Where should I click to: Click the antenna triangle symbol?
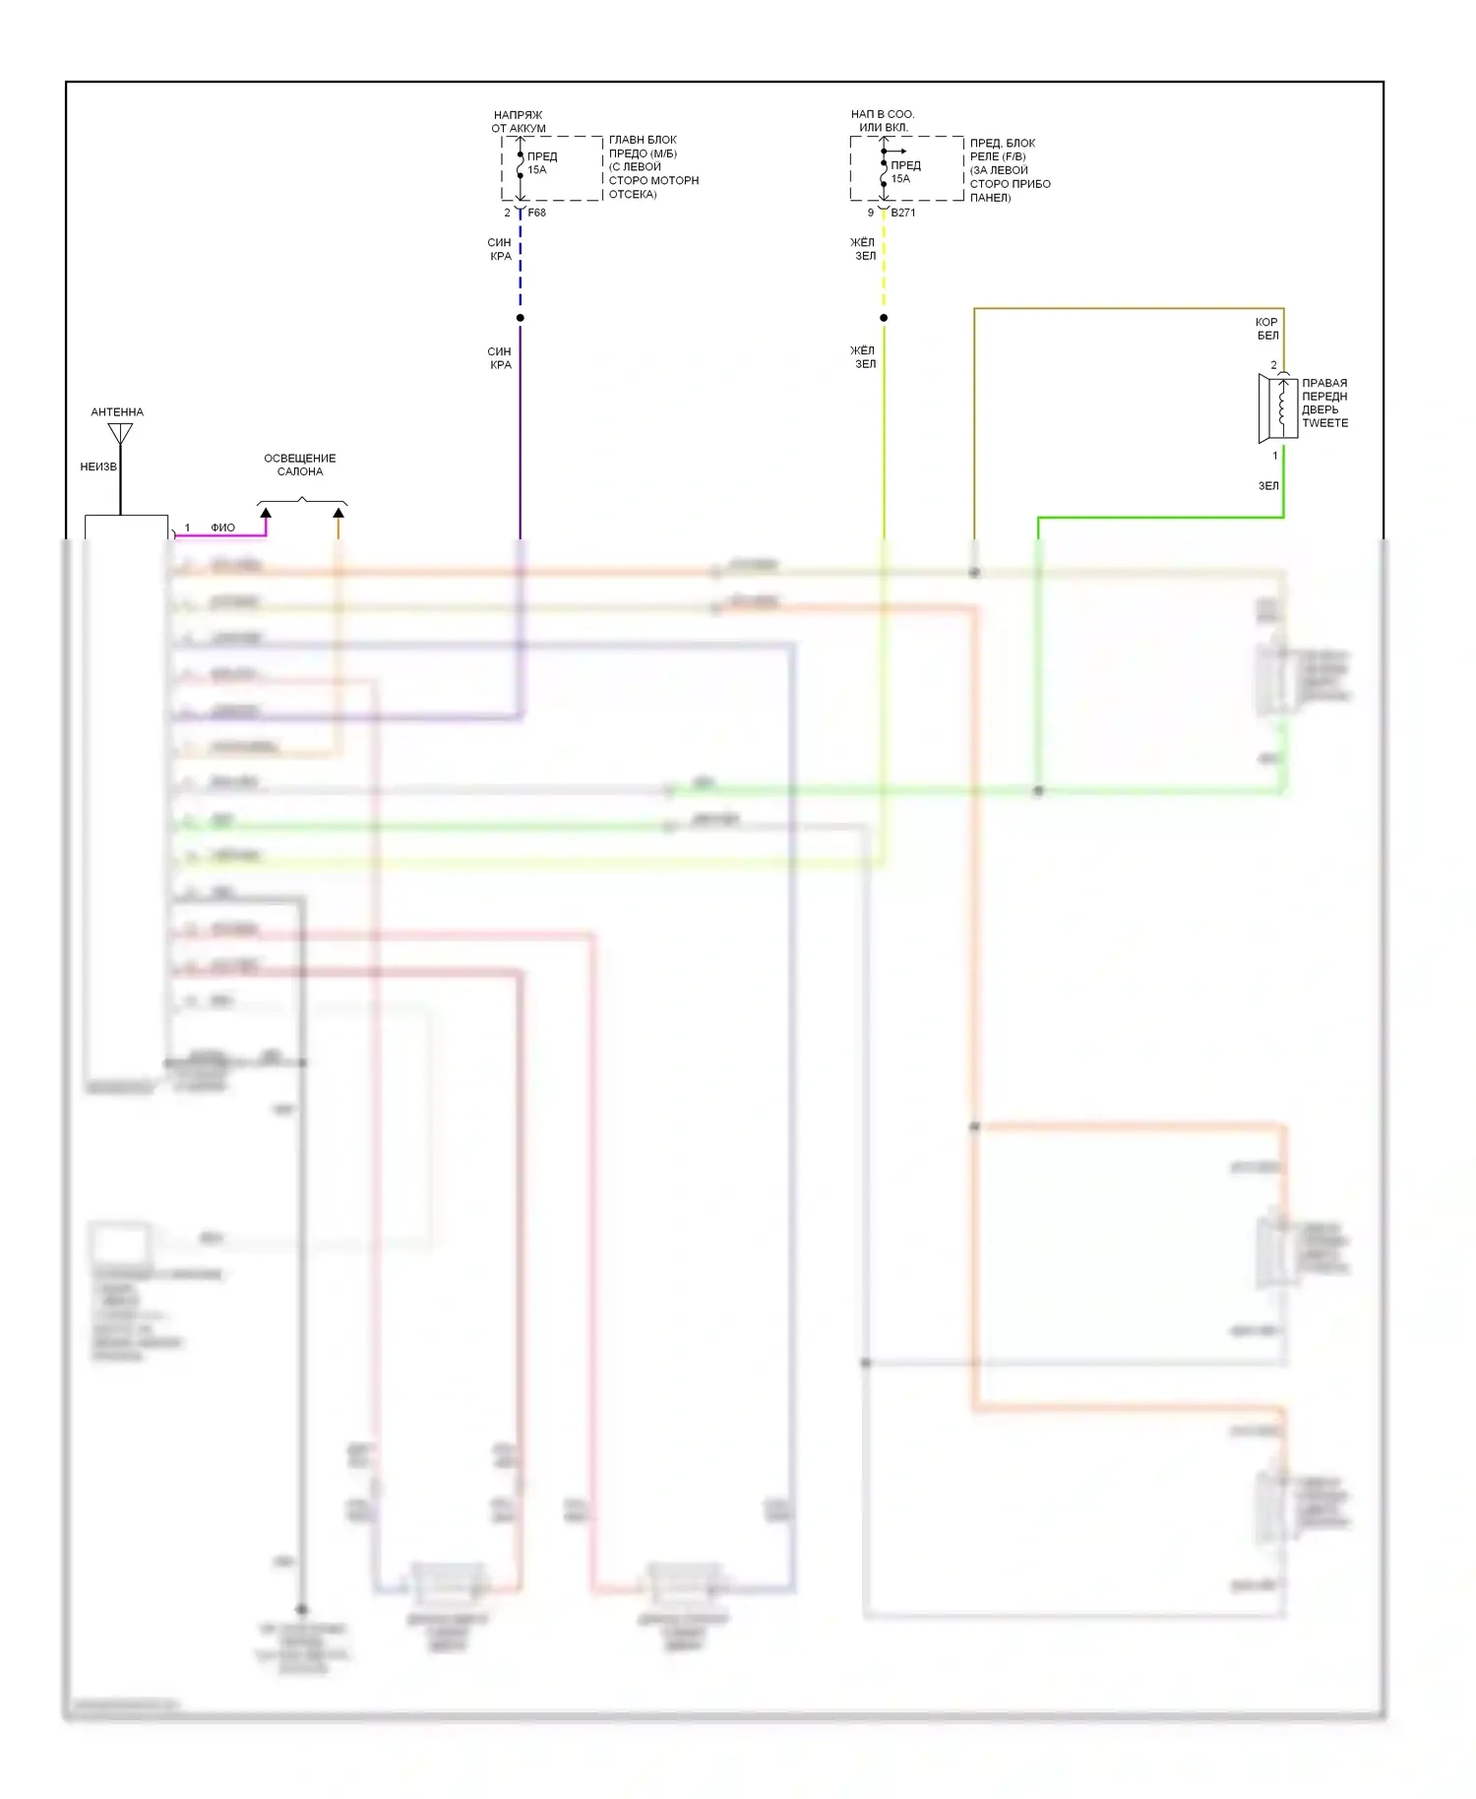(x=120, y=432)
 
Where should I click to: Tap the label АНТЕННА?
(x=117, y=412)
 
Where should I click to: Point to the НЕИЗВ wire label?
(x=98, y=466)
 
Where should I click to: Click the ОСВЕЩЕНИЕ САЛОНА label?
(x=300, y=465)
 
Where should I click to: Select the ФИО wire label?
(x=223, y=527)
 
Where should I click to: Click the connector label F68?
(x=536, y=213)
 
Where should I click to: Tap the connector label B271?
(x=903, y=213)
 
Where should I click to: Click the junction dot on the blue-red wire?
(x=521, y=318)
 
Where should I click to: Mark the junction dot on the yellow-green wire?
(x=884, y=318)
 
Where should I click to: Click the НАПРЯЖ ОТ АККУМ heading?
(x=519, y=121)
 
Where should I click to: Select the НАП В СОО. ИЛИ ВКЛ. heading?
(x=883, y=120)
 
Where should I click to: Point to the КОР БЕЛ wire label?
(x=1267, y=329)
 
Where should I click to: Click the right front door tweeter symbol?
(x=1277, y=407)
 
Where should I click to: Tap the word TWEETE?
(x=1325, y=423)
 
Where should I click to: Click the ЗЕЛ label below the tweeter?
(x=1268, y=485)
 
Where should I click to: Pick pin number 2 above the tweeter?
(x=1273, y=365)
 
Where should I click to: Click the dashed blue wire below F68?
(x=521, y=266)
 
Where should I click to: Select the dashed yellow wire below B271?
(x=884, y=266)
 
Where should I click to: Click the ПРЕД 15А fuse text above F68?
(x=541, y=162)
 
